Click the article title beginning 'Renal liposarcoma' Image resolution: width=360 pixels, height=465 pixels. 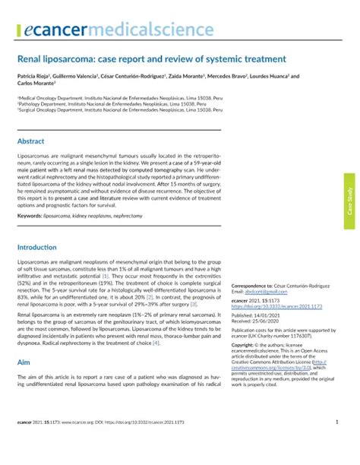151,59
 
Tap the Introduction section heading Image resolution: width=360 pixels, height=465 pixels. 37,226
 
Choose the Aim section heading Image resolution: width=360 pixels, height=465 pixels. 24,363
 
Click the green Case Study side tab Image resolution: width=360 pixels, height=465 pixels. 349,199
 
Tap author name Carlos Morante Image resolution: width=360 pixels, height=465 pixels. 37,84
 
